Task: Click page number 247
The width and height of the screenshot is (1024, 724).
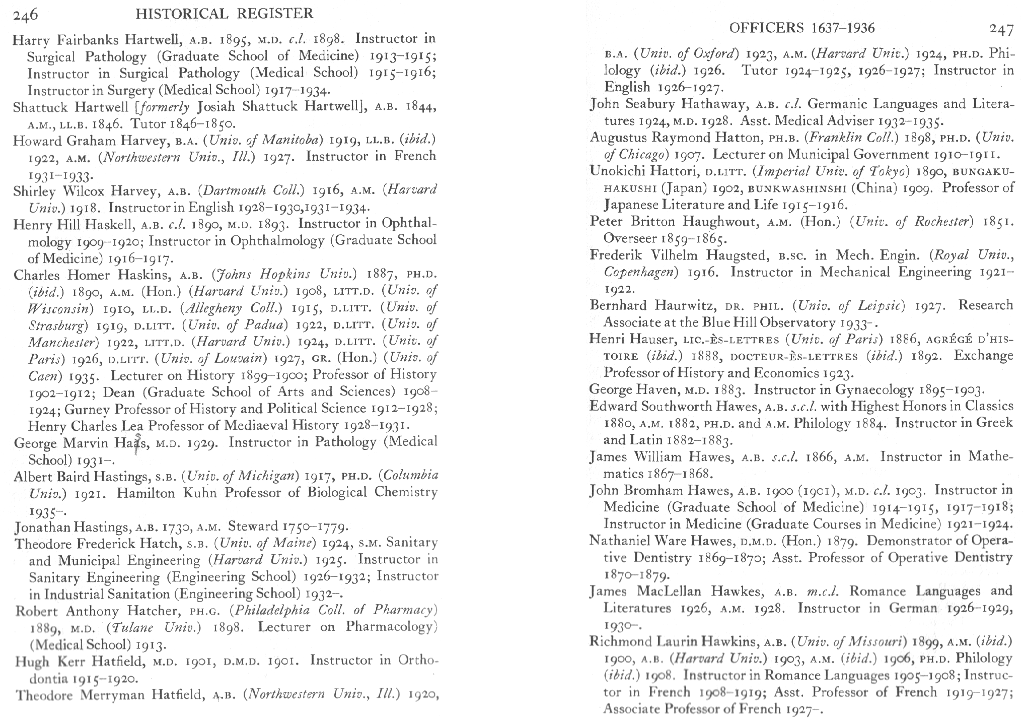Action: tap(1001, 29)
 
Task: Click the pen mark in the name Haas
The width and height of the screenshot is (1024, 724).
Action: tap(136, 444)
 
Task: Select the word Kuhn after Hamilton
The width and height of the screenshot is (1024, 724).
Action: tap(201, 493)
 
